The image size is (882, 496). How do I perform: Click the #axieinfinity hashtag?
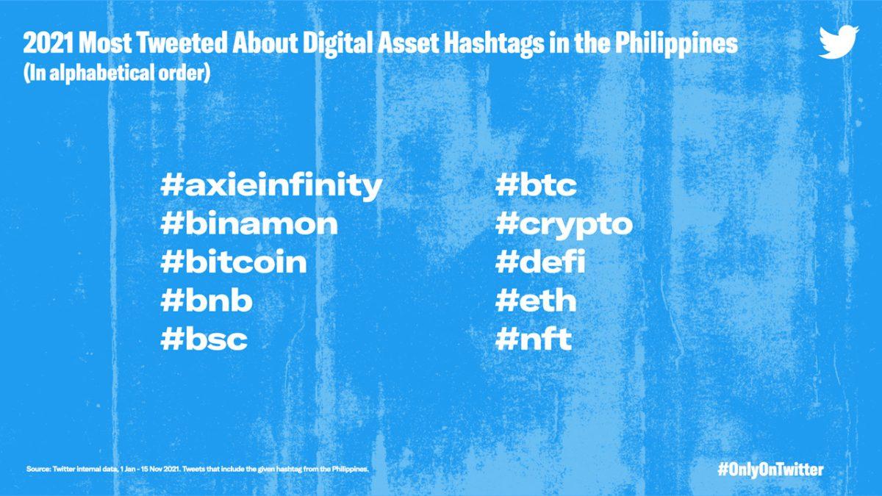(271, 186)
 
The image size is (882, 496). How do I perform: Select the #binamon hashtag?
(249, 223)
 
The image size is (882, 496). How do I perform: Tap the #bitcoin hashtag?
(234, 262)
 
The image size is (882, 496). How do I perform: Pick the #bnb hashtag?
(207, 300)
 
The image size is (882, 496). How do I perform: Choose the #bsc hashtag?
(204, 339)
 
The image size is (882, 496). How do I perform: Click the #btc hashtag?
(536, 184)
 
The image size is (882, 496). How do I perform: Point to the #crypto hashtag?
(564, 225)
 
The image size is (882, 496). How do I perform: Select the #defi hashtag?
(539, 261)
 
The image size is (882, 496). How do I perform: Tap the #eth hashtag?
(536, 300)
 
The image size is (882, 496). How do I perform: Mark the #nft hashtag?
(533, 339)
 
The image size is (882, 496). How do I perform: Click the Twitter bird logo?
(839, 42)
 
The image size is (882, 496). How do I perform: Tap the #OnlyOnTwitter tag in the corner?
(770, 470)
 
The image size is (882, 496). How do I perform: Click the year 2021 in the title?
(48, 43)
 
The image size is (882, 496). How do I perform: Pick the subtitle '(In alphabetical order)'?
(117, 73)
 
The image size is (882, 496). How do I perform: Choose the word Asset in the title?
(408, 43)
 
